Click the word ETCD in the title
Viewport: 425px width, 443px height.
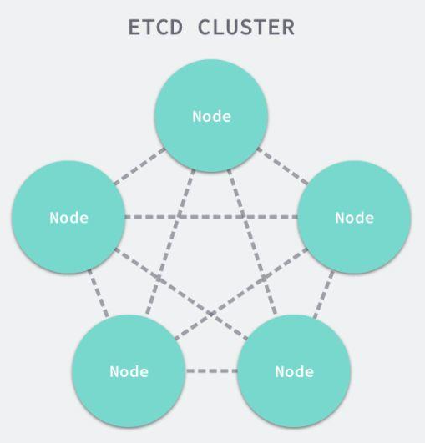pos(155,28)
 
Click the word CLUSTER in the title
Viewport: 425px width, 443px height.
pos(246,28)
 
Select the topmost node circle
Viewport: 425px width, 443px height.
pos(211,116)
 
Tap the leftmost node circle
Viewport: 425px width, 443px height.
pos(68,217)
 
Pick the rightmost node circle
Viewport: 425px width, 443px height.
pos(354,217)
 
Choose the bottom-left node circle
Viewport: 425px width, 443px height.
pos(129,371)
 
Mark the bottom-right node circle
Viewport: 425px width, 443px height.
pos(294,371)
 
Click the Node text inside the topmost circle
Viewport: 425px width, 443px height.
pos(211,116)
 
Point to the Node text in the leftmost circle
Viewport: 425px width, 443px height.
pos(68,218)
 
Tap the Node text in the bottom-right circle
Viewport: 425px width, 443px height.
pos(295,371)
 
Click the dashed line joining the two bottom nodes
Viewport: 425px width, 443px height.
pos(211,370)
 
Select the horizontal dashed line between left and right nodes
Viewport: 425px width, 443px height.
pos(211,217)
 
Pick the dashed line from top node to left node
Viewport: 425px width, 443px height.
pos(140,166)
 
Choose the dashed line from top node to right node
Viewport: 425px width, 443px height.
pos(282,166)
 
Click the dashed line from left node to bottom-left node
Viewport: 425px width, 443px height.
pos(99,294)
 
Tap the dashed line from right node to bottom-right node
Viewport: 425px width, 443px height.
pos(324,294)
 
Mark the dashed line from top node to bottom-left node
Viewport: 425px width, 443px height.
pos(170,242)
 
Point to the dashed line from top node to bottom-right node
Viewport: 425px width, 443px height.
pos(252,242)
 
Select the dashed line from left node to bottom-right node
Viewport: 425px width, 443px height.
pos(181,294)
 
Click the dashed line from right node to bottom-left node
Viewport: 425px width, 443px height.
pos(241,294)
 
